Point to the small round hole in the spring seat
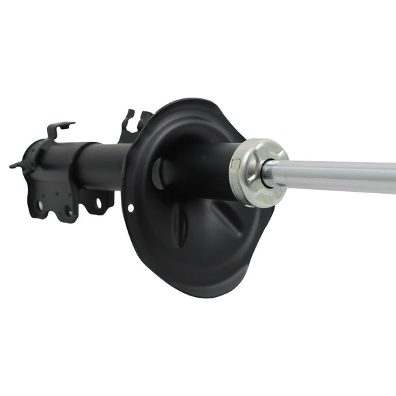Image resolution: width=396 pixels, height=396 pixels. pos(130,208)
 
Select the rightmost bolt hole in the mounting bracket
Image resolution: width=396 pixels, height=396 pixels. pos(99,203)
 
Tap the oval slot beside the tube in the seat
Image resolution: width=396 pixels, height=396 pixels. pos(158,173)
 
